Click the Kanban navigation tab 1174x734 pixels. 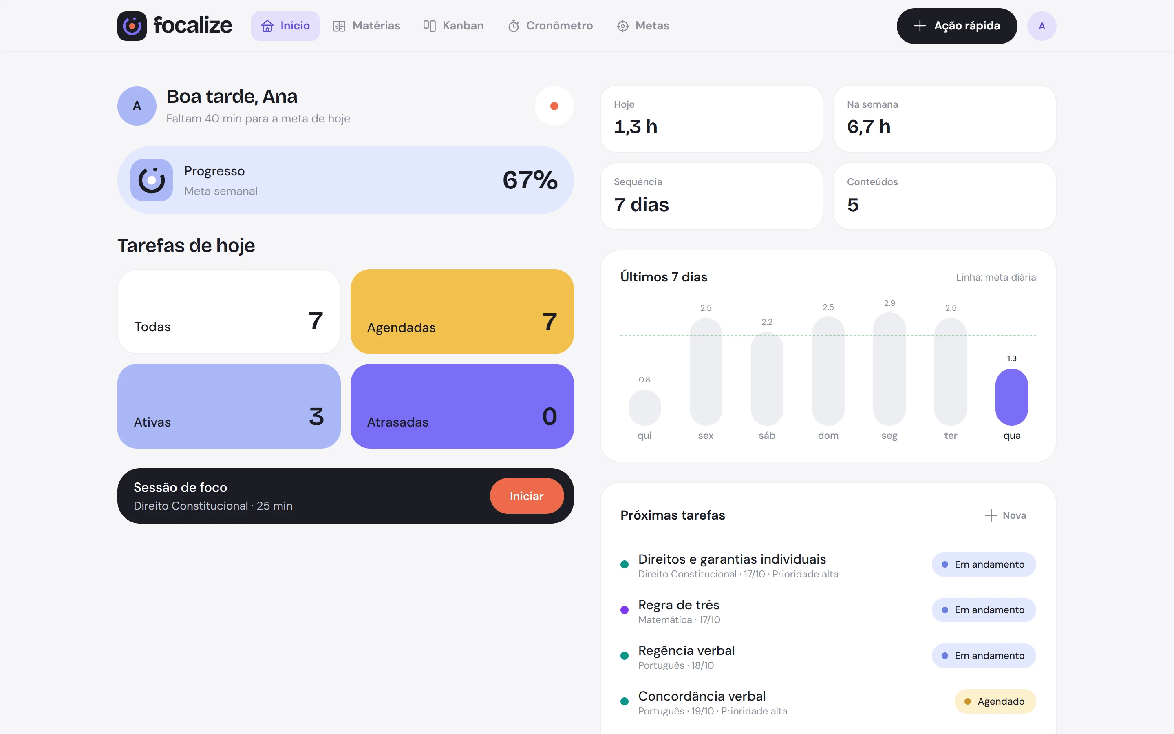tap(453, 26)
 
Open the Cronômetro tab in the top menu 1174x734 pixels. tap(550, 26)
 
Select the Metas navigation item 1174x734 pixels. tap(643, 26)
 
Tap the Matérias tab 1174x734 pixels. tap(366, 26)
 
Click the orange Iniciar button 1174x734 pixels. tap(526, 495)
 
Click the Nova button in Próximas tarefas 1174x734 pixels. tap(1005, 515)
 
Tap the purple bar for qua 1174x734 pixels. tap(1011, 397)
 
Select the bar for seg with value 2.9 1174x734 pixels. tap(889, 369)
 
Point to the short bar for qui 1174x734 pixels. tap(644, 408)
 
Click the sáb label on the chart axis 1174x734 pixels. tap(766, 436)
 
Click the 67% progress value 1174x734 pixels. tap(530, 180)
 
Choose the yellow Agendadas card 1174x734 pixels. tap(462, 311)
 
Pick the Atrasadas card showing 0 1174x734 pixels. tap(462, 406)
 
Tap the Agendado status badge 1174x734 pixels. tap(995, 701)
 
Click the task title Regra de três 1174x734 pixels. tap(679, 605)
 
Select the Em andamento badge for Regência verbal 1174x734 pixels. tap(984, 655)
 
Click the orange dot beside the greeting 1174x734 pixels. tap(554, 106)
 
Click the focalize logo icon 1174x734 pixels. tap(132, 26)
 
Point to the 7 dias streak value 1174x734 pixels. tap(641, 205)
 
